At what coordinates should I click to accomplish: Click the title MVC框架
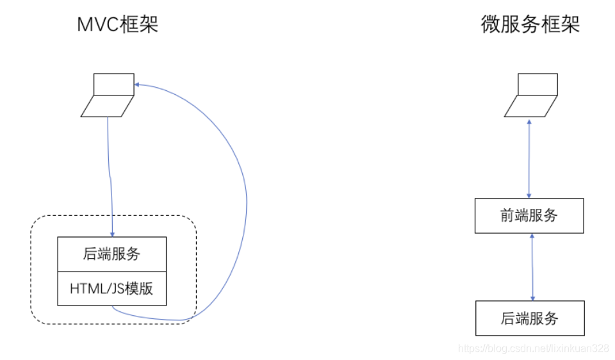117,25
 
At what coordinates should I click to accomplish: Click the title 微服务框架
530,24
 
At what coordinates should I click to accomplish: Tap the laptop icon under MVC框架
108,96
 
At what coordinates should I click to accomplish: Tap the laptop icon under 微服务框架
531,96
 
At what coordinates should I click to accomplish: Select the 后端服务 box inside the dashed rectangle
112,254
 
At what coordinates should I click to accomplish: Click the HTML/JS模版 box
112,288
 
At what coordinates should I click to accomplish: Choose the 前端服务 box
529,215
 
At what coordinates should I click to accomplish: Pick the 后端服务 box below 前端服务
529,318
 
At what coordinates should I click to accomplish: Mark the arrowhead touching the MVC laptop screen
138,84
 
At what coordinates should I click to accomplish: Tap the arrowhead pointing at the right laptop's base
529,121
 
